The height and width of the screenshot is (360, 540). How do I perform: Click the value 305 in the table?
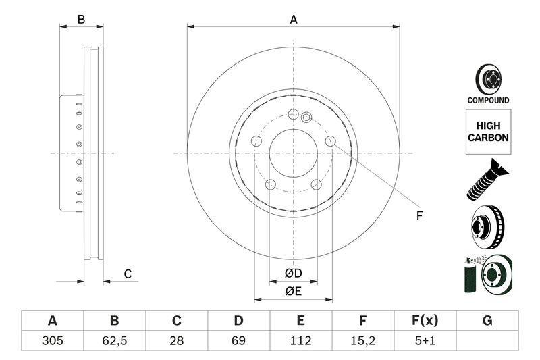click(52, 340)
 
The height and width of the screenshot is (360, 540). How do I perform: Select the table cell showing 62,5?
click(114, 340)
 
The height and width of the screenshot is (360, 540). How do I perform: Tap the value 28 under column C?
click(176, 340)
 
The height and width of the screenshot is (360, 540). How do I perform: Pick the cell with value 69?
click(238, 340)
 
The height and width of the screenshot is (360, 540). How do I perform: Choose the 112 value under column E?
click(300, 340)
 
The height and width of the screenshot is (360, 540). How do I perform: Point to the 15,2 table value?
click(362, 340)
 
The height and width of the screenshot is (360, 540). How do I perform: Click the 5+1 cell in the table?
click(425, 340)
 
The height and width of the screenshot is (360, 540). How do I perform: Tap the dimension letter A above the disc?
click(294, 20)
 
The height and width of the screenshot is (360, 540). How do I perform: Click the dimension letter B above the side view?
click(81, 20)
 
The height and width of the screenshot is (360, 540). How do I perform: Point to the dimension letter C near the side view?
click(127, 274)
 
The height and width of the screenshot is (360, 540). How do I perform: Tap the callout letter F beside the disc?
click(418, 216)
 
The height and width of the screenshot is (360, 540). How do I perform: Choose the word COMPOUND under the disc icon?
click(487, 100)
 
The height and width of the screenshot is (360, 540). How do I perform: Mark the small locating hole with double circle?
click(306, 118)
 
